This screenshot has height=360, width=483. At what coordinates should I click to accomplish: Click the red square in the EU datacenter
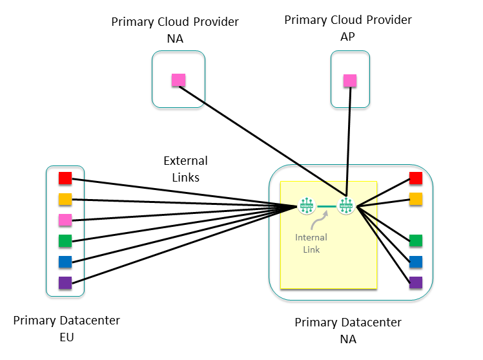pyautogui.click(x=65, y=178)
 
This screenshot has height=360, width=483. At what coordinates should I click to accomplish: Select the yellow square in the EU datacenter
pyautogui.click(x=65, y=199)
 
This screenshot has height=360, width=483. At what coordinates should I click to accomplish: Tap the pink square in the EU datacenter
pyautogui.click(x=65, y=220)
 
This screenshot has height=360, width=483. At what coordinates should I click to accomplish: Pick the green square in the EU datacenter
pyautogui.click(x=65, y=241)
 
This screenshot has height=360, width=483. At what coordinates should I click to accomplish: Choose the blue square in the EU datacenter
pyautogui.click(x=65, y=262)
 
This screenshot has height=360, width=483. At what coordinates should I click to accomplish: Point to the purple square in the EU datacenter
pyautogui.click(x=65, y=282)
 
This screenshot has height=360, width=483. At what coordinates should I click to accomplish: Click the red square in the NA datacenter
pyautogui.click(x=416, y=178)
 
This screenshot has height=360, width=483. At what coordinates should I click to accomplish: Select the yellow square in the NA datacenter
pyautogui.click(x=416, y=198)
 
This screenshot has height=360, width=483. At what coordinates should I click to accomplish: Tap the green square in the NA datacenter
pyautogui.click(x=416, y=240)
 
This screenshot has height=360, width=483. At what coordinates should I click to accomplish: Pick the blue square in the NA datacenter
pyautogui.click(x=416, y=261)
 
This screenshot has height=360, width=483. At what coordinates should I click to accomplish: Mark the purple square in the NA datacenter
pyautogui.click(x=416, y=282)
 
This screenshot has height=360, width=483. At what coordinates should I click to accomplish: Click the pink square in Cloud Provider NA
pyautogui.click(x=178, y=80)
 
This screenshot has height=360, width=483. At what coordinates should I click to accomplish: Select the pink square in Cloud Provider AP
pyautogui.click(x=349, y=80)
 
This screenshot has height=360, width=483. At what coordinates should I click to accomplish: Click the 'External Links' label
pyautogui.click(x=185, y=169)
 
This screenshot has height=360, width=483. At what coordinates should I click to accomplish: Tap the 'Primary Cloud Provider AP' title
pyautogui.click(x=347, y=28)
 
